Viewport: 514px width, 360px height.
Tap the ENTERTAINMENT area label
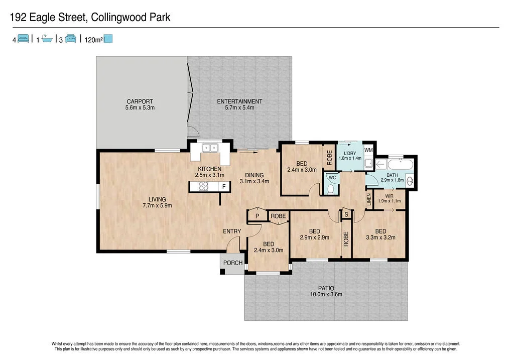tap(239, 101)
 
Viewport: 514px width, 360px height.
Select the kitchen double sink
tap(209, 148)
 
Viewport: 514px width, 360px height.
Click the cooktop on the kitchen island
tap(204, 187)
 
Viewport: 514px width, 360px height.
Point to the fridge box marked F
tap(224, 187)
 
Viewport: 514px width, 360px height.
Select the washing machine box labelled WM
tap(368, 150)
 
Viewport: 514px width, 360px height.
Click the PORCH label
tap(233, 263)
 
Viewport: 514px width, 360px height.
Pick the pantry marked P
tap(257, 216)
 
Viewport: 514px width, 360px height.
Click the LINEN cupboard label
tap(369, 199)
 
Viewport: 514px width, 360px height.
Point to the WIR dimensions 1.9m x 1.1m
tap(389, 201)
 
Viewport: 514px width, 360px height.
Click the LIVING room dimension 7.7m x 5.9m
tap(157, 205)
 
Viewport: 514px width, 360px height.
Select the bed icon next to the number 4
tap(23, 39)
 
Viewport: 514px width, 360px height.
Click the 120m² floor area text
tap(93, 39)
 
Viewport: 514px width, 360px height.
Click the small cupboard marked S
tap(346, 214)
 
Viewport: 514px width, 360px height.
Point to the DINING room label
tap(254, 175)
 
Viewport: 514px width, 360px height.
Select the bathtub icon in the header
tap(47, 39)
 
